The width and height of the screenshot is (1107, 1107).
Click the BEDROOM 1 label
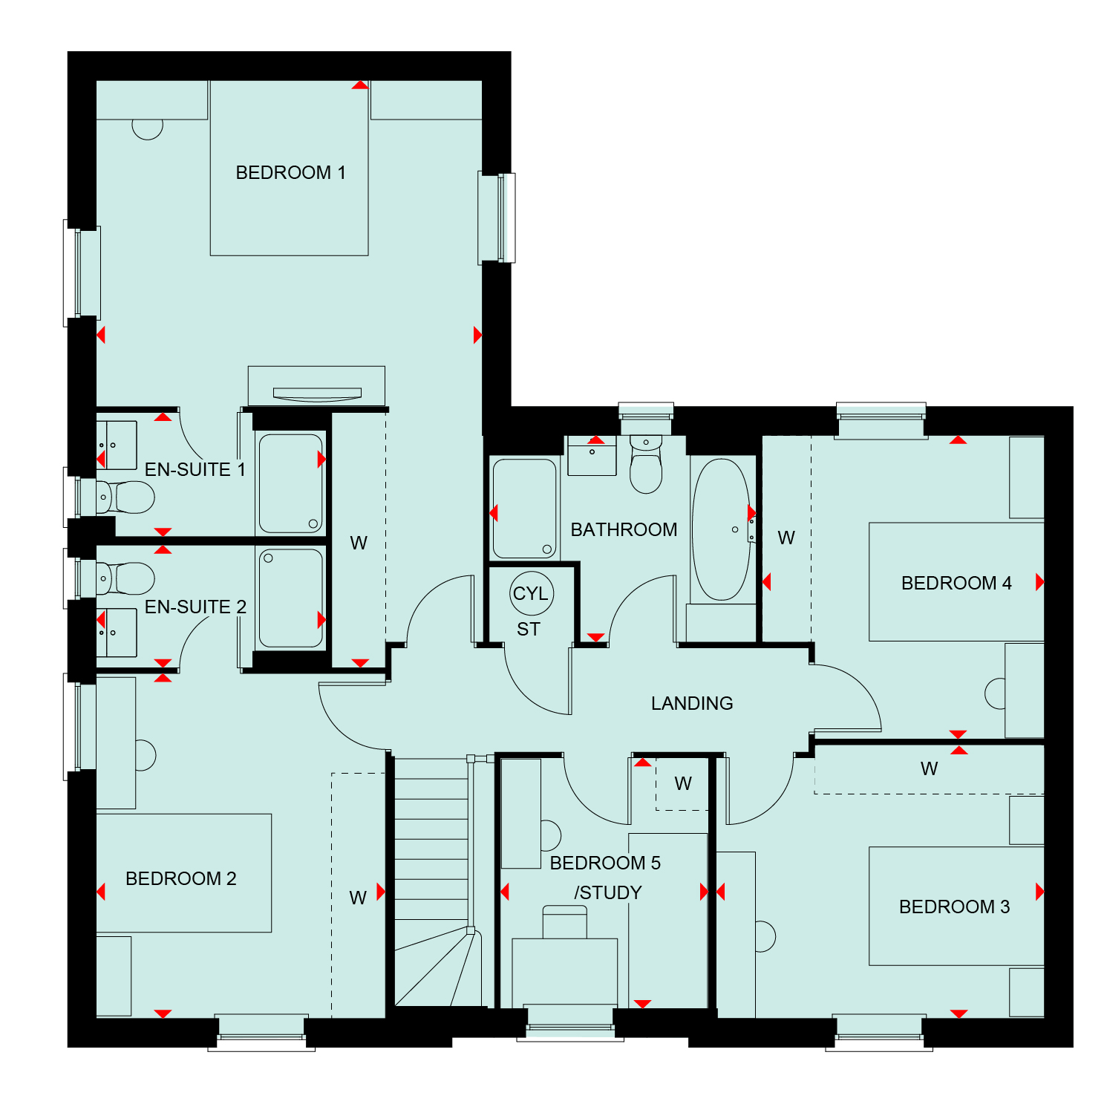(290, 173)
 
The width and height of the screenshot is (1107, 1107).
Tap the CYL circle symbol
(532, 593)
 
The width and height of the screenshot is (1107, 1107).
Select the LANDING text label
(692, 703)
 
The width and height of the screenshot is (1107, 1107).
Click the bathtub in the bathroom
(721, 529)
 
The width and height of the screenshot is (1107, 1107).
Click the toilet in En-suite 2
(125, 578)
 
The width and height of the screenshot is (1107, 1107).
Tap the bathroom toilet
(646, 464)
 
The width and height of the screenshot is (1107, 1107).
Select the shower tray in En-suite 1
(291, 483)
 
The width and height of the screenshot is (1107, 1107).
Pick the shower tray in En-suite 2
(291, 598)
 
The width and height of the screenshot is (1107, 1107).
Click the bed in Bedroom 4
(956, 582)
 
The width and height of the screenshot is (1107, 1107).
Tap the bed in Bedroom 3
(956, 906)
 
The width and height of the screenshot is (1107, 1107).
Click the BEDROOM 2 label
(181, 879)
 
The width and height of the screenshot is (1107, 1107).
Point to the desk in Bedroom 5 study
(565, 973)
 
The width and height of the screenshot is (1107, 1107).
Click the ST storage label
(529, 630)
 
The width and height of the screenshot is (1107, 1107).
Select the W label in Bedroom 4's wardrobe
(786, 538)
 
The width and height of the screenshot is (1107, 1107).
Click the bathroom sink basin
(592, 456)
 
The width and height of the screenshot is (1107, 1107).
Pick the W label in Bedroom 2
(358, 898)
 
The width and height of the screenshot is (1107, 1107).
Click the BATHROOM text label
(624, 529)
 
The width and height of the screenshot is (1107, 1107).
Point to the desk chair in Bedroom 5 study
(565, 922)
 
